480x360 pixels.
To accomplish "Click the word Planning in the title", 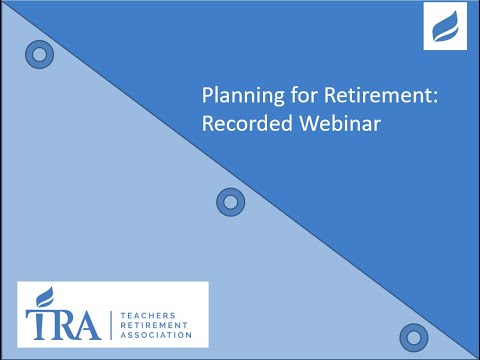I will [235, 98].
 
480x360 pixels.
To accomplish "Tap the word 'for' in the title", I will [285, 97].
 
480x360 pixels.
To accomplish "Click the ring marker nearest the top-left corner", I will [40, 54].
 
